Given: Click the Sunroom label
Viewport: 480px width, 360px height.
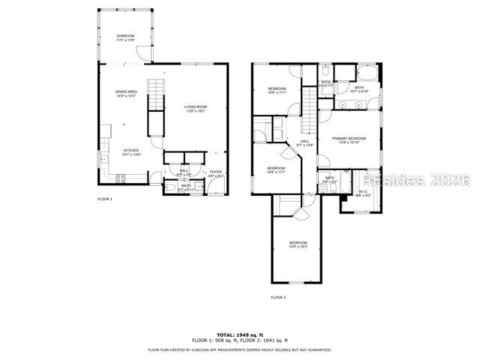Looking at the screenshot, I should pos(125,37).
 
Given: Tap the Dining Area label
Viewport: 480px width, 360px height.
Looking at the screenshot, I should pos(125,94).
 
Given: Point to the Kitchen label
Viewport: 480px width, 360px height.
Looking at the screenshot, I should pos(131,151).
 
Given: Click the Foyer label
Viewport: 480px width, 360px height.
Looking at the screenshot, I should pos(215,174).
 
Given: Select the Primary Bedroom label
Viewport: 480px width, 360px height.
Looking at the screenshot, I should pos(349,139).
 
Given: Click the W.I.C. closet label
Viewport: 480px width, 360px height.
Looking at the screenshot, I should pos(363,193).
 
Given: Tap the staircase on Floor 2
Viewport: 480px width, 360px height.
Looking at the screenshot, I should pos(310,109).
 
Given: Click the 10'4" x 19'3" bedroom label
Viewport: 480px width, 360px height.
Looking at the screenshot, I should pos(298,244).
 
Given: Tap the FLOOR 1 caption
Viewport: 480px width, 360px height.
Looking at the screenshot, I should pos(105,199).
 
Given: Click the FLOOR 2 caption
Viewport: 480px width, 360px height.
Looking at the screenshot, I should pos(278,297).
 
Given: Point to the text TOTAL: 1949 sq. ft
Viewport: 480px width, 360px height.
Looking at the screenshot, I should pos(240,334).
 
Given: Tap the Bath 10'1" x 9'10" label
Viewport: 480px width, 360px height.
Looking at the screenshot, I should pos(359,88).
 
